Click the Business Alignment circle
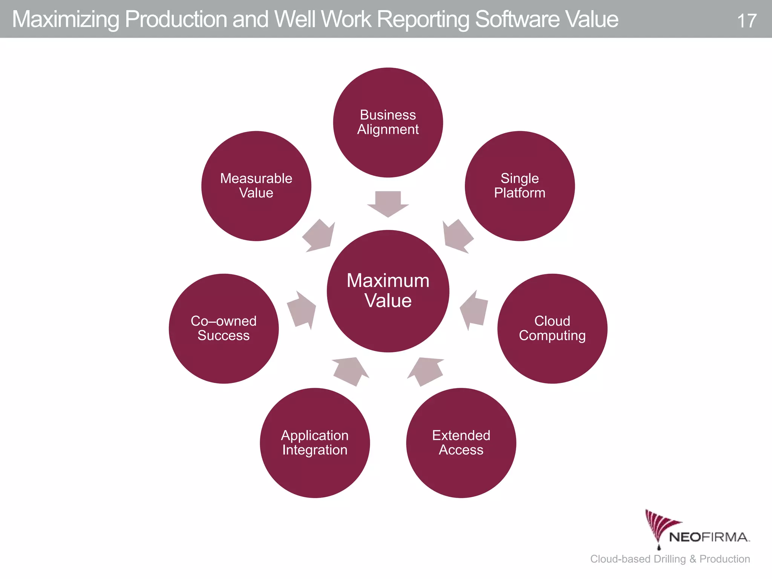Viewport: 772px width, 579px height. point(388,123)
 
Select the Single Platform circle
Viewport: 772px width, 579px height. point(519,186)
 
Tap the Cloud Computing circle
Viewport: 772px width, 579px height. point(552,328)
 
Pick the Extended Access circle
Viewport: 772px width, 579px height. point(461,443)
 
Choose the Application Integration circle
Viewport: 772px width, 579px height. point(315,443)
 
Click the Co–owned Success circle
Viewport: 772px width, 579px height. point(224,328)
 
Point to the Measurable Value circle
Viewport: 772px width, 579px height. point(256,186)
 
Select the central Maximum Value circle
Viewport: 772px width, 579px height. point(388,291)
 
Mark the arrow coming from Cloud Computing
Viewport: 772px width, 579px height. point(474,310)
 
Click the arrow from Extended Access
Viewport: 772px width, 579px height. point(426,371)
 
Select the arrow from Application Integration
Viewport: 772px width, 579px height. point(350,371)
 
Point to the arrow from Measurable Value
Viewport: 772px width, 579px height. point(319,236)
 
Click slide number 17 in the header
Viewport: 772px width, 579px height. point(746,21)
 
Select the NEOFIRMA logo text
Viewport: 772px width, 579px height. point(709,537)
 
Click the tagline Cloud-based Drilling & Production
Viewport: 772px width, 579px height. point(670,559)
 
